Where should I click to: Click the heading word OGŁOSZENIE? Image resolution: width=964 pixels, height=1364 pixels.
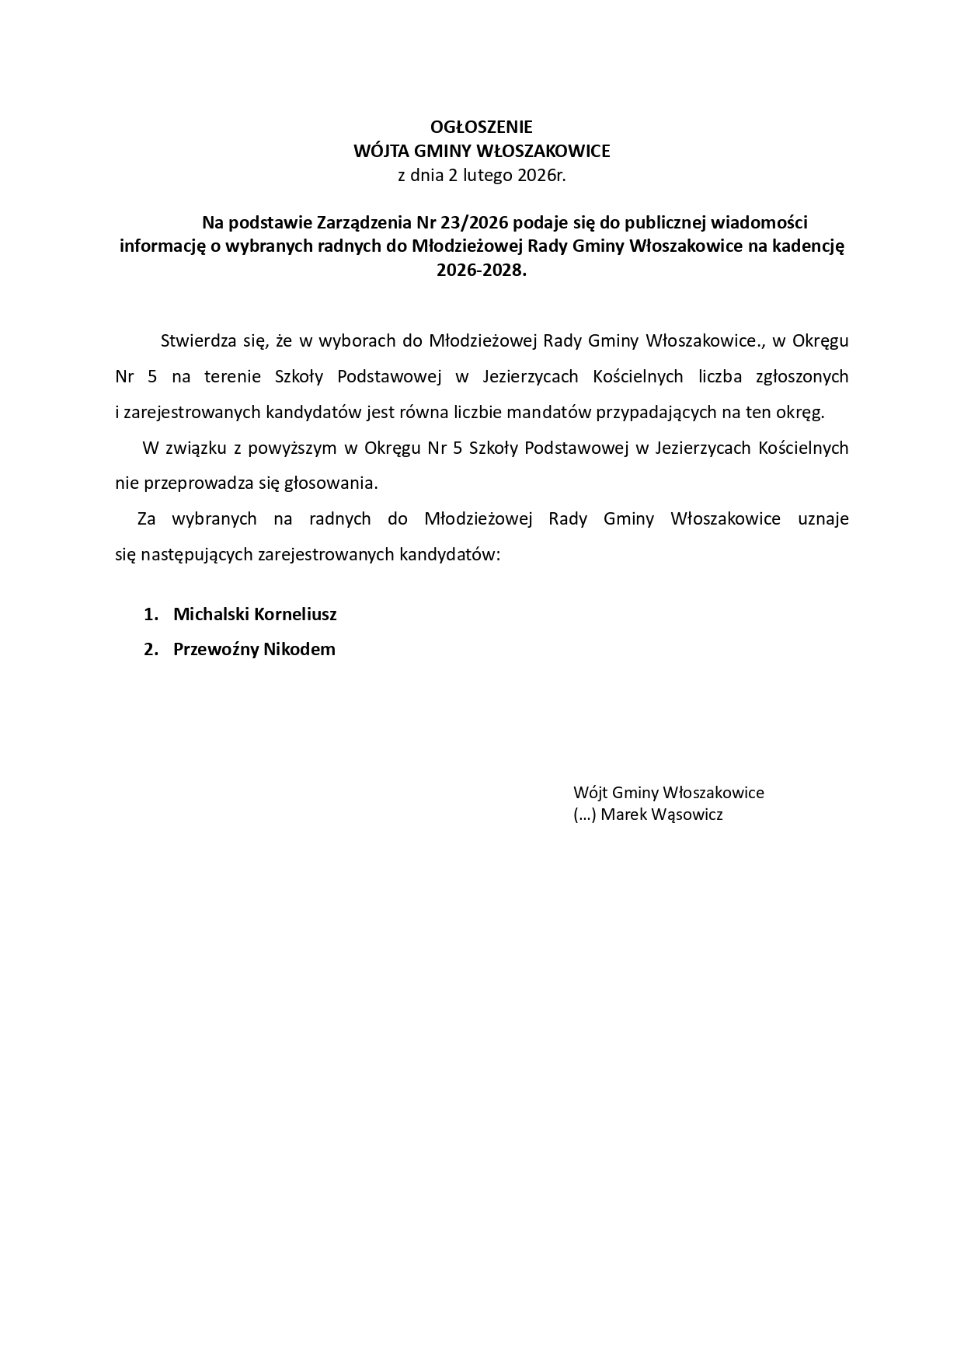(x=482, y=127)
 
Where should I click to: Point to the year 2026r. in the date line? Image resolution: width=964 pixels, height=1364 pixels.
(x=541, y=175)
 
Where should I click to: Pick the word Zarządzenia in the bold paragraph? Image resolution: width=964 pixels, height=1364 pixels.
(x=366, y=223)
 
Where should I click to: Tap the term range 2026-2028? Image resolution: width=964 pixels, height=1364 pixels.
(x=481, y=270)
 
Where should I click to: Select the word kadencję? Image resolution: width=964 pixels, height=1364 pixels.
(x=807, y=246)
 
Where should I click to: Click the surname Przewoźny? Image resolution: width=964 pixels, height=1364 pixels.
(x=215, y=649)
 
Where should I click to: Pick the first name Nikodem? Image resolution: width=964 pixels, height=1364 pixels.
(x=299, y=649)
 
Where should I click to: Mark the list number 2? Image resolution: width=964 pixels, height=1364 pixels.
(x=151, y=649)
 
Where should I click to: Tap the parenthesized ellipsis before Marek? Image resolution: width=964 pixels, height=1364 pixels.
(x=584, y=815)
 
